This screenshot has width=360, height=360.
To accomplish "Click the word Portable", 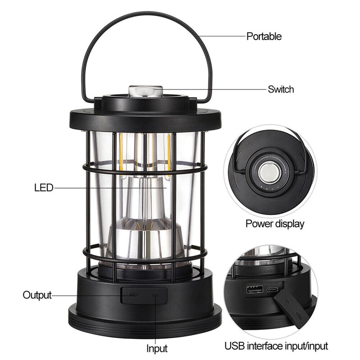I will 264,36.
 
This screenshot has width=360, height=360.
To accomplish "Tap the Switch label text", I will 280,89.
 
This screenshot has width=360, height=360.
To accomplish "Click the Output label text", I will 37,295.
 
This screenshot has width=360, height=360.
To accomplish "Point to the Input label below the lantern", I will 157,348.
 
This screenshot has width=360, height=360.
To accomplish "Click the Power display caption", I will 274,224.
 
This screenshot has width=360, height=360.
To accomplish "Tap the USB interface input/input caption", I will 276,346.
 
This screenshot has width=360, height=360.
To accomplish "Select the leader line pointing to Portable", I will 220,36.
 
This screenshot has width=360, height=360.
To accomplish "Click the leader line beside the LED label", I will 108,187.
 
